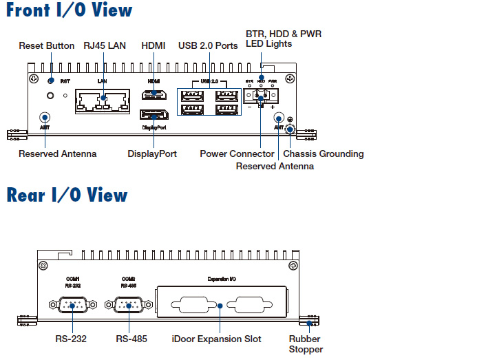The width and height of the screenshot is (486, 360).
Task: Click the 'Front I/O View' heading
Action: (x=69, y=11)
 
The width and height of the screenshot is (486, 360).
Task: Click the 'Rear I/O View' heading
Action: (x=67, y=195)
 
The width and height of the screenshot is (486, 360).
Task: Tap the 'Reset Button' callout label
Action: (x=47, y=46)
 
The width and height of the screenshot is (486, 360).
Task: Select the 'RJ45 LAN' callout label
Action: (x=105, y=46)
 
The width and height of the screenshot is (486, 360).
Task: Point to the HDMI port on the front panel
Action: (x=154, y=94)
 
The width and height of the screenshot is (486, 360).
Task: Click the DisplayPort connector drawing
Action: (x=154, y=115)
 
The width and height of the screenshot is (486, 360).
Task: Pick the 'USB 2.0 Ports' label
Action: (x=208, y=46)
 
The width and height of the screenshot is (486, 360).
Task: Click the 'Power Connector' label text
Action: (x=237, y=153)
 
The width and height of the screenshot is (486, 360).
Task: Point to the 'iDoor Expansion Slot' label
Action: (x=216, y=339)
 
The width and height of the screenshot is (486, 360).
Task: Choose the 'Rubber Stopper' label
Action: (x=305, y=344)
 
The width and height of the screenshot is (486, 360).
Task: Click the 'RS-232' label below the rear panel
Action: (x=71, y=339)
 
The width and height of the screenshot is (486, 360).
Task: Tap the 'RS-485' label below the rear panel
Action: (x=131, y=339)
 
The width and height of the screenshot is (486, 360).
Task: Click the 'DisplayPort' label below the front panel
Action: (x=152, y=153)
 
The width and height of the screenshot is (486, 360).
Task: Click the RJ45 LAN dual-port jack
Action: (x=102, y=103)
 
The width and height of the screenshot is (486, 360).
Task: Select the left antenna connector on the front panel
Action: (x=45, y=118)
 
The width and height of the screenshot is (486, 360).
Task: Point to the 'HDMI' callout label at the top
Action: (x=153, y=46)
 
